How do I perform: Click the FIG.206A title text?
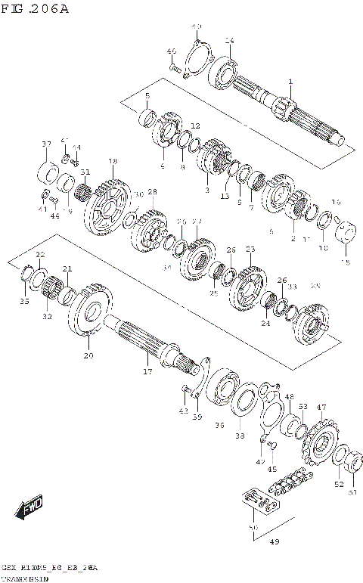point(36,9)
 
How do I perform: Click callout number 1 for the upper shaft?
point(290,82)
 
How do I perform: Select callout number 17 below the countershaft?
point(147,371)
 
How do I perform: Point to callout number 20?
point(88,355)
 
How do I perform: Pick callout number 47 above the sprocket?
point(321,408)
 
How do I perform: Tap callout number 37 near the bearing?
point(46,144)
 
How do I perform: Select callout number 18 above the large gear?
point(112,161)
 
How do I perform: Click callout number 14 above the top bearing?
point(229,41)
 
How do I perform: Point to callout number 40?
point(197,26)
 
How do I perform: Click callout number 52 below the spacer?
point(339,483)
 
